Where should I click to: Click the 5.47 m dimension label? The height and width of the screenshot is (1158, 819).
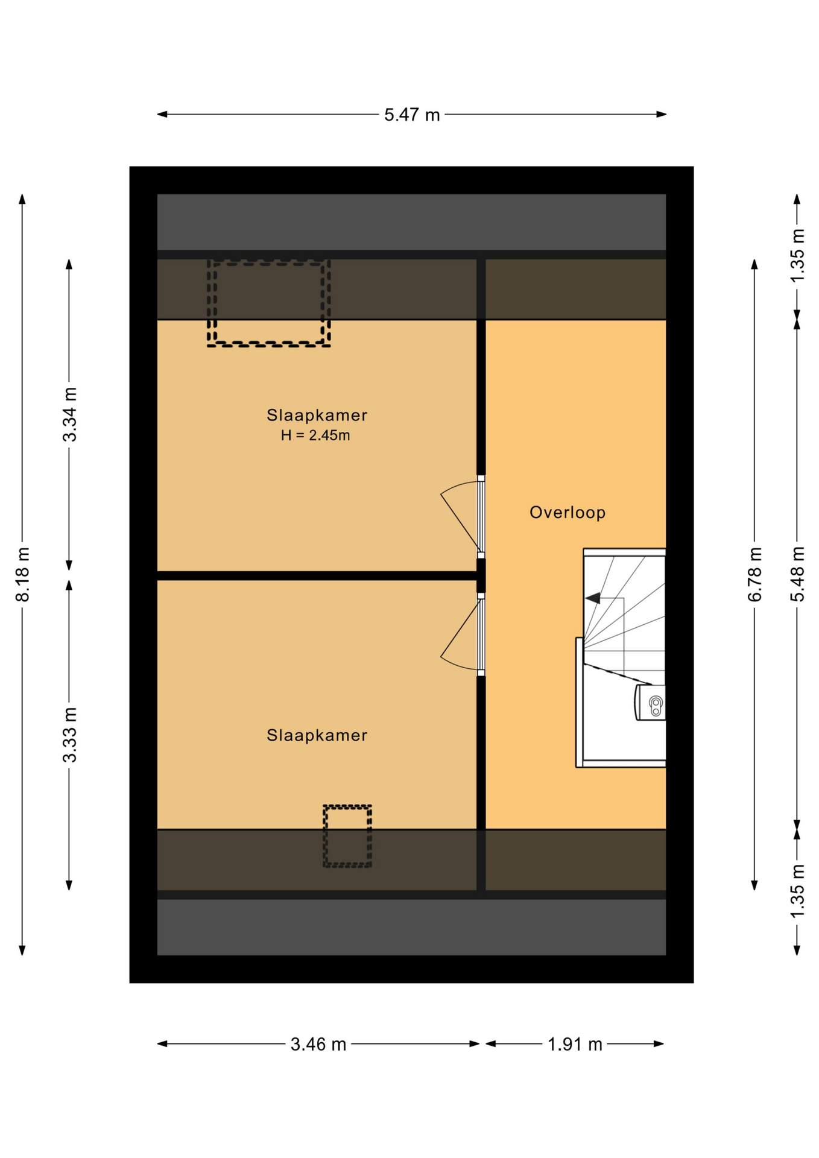click(x=412, y=115)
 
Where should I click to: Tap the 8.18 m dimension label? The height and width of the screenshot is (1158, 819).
click(x=23, y=574)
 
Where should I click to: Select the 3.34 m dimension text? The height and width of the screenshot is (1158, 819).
click(x=70, y=414)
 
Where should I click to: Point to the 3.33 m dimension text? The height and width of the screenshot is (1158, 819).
click(x=70, y=735)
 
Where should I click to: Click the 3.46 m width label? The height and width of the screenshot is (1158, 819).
click(x=318, y=1044)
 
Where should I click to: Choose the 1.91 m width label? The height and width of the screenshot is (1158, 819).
click(x=575, y=1044)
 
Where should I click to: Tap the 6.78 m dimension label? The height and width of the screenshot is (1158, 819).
click(x=755, y=574)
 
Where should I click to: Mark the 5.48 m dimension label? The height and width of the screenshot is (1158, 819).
click(x=798, y=574)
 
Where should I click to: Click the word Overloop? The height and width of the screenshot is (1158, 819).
click(x=568, y=513)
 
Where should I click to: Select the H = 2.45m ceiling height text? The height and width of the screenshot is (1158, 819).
click(x=315, y=435)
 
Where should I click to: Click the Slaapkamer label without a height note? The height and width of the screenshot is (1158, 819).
click(x=317, y=735)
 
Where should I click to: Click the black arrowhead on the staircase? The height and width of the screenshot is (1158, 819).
click(x=593, y=598)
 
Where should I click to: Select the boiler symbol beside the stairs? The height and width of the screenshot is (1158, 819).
click(x=650, y=703)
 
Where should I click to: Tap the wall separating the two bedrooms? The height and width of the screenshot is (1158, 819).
click(x=317, y=575)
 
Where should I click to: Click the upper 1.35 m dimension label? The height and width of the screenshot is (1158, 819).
click(x=798, y=255)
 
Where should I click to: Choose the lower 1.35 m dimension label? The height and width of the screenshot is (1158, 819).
click(x=798, y=891)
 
